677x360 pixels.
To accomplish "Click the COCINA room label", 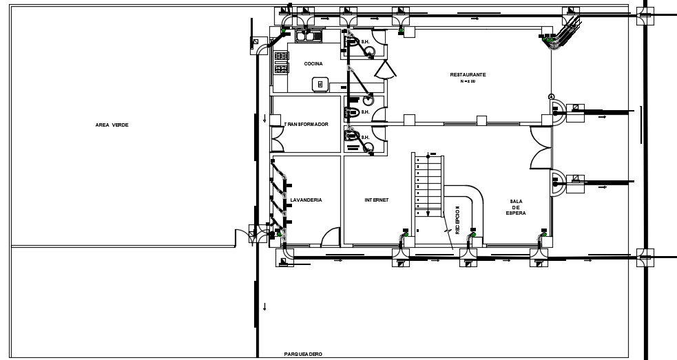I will tap(313, 64).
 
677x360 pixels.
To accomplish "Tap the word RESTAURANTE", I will tap(468, 74).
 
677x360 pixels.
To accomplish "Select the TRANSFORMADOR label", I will tap(306, 125).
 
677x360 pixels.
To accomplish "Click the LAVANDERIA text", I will tap(306, 200).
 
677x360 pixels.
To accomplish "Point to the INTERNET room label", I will tap(377, 200).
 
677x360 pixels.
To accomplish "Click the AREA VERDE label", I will tap(112, 125).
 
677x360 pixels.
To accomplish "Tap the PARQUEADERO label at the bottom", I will tap(302, 354).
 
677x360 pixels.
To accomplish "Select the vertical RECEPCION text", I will tap(457, 220).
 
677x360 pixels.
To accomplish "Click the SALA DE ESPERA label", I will tap(517, 207).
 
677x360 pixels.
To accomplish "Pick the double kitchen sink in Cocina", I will tap(306, 36).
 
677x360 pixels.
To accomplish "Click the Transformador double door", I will tap(277, 140).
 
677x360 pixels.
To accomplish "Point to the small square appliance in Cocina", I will tap(320, 84).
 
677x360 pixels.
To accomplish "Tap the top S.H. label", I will tap(366, 42).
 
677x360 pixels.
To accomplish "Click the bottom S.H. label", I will tap(366, 137).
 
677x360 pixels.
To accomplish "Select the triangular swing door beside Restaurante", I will tap(386, 70).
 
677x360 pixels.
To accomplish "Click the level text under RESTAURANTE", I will tap(468, 81).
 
